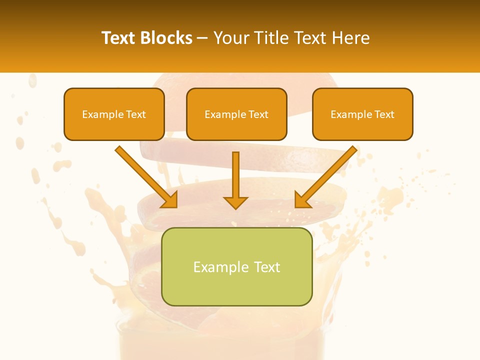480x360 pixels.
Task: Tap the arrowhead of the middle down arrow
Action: (235, 202)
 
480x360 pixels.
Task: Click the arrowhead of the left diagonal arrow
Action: (170, 200)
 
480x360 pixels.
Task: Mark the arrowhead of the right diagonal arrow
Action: (302, 200)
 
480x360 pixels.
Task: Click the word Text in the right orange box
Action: (384, 114)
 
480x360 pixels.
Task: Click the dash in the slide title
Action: (202, 38)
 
